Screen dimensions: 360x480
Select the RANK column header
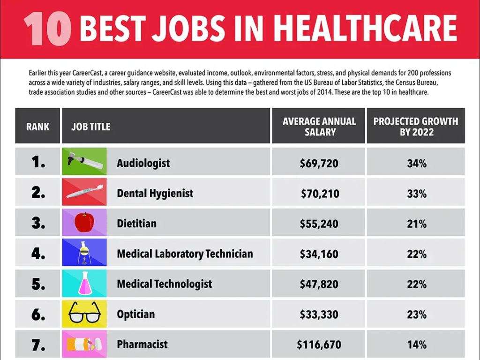[x=37, y=127]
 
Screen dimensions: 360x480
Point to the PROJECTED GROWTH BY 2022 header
[x=416, y=127]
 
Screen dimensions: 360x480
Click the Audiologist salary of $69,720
[x=319, y=164]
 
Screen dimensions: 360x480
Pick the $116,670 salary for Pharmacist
[x=319, y=345]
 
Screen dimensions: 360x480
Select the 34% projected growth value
[x=417, y=164]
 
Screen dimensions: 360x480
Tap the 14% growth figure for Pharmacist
[x=417, y=345]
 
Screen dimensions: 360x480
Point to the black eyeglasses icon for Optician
[x=84, y=313]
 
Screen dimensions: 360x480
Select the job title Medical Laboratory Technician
[x=185, y=254]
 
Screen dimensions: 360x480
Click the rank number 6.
[x=38, y=315]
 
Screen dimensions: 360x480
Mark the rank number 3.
[x=38, y=224]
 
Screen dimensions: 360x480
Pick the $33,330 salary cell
[x=319, y=315]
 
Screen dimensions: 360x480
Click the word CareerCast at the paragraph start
[x=89, y=74]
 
